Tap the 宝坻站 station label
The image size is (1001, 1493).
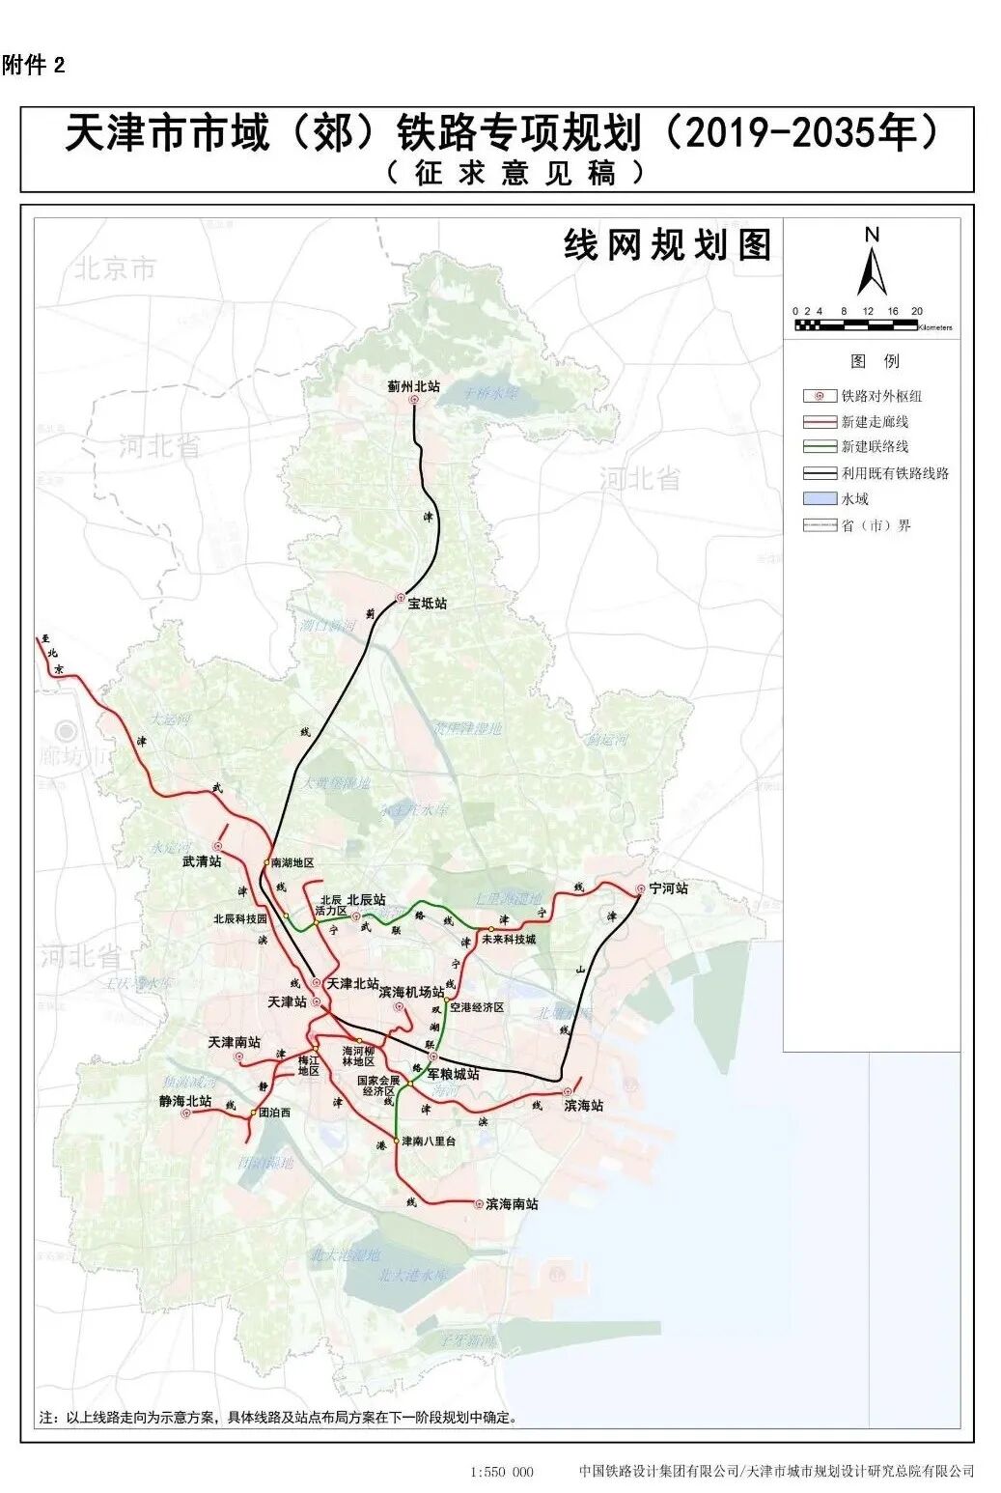[x=427, y=604]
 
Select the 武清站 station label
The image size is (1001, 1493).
[x=202, y=860]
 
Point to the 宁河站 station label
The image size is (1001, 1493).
[x=668, y=887]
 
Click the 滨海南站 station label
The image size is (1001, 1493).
[x=512, y=1204]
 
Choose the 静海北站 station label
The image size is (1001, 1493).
[x=185, y=1100]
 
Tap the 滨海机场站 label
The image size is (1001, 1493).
[x=411, y=992]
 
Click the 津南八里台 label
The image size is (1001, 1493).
[x=429, y=1141]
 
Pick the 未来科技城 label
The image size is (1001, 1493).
[x=508, y=939]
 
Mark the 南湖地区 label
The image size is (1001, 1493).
[x=292, y=862]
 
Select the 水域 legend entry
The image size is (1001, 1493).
[x=854, y=499]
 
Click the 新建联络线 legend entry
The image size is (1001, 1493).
[x=875, y=447]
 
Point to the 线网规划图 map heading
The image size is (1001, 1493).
[x=667, y=245]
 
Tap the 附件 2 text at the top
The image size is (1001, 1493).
[x=34, y=66]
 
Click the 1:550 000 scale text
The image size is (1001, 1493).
[x=501, y=1472]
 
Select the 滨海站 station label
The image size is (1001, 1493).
[x=583, y=1106]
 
